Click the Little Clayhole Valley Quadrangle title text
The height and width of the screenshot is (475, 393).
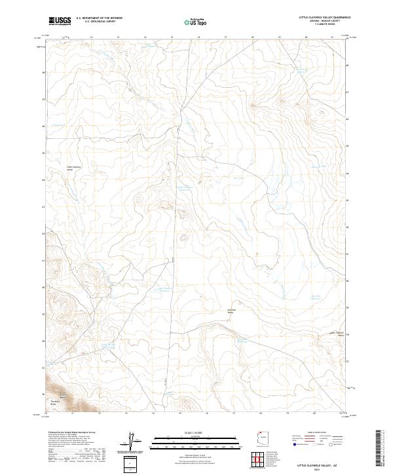pyautogui.click(x=324, y=17)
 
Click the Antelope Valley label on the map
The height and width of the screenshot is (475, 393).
pyautogui.click(x=231, y=311)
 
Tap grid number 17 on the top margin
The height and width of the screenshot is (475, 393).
pyautogui.click(x=225, y=37)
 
